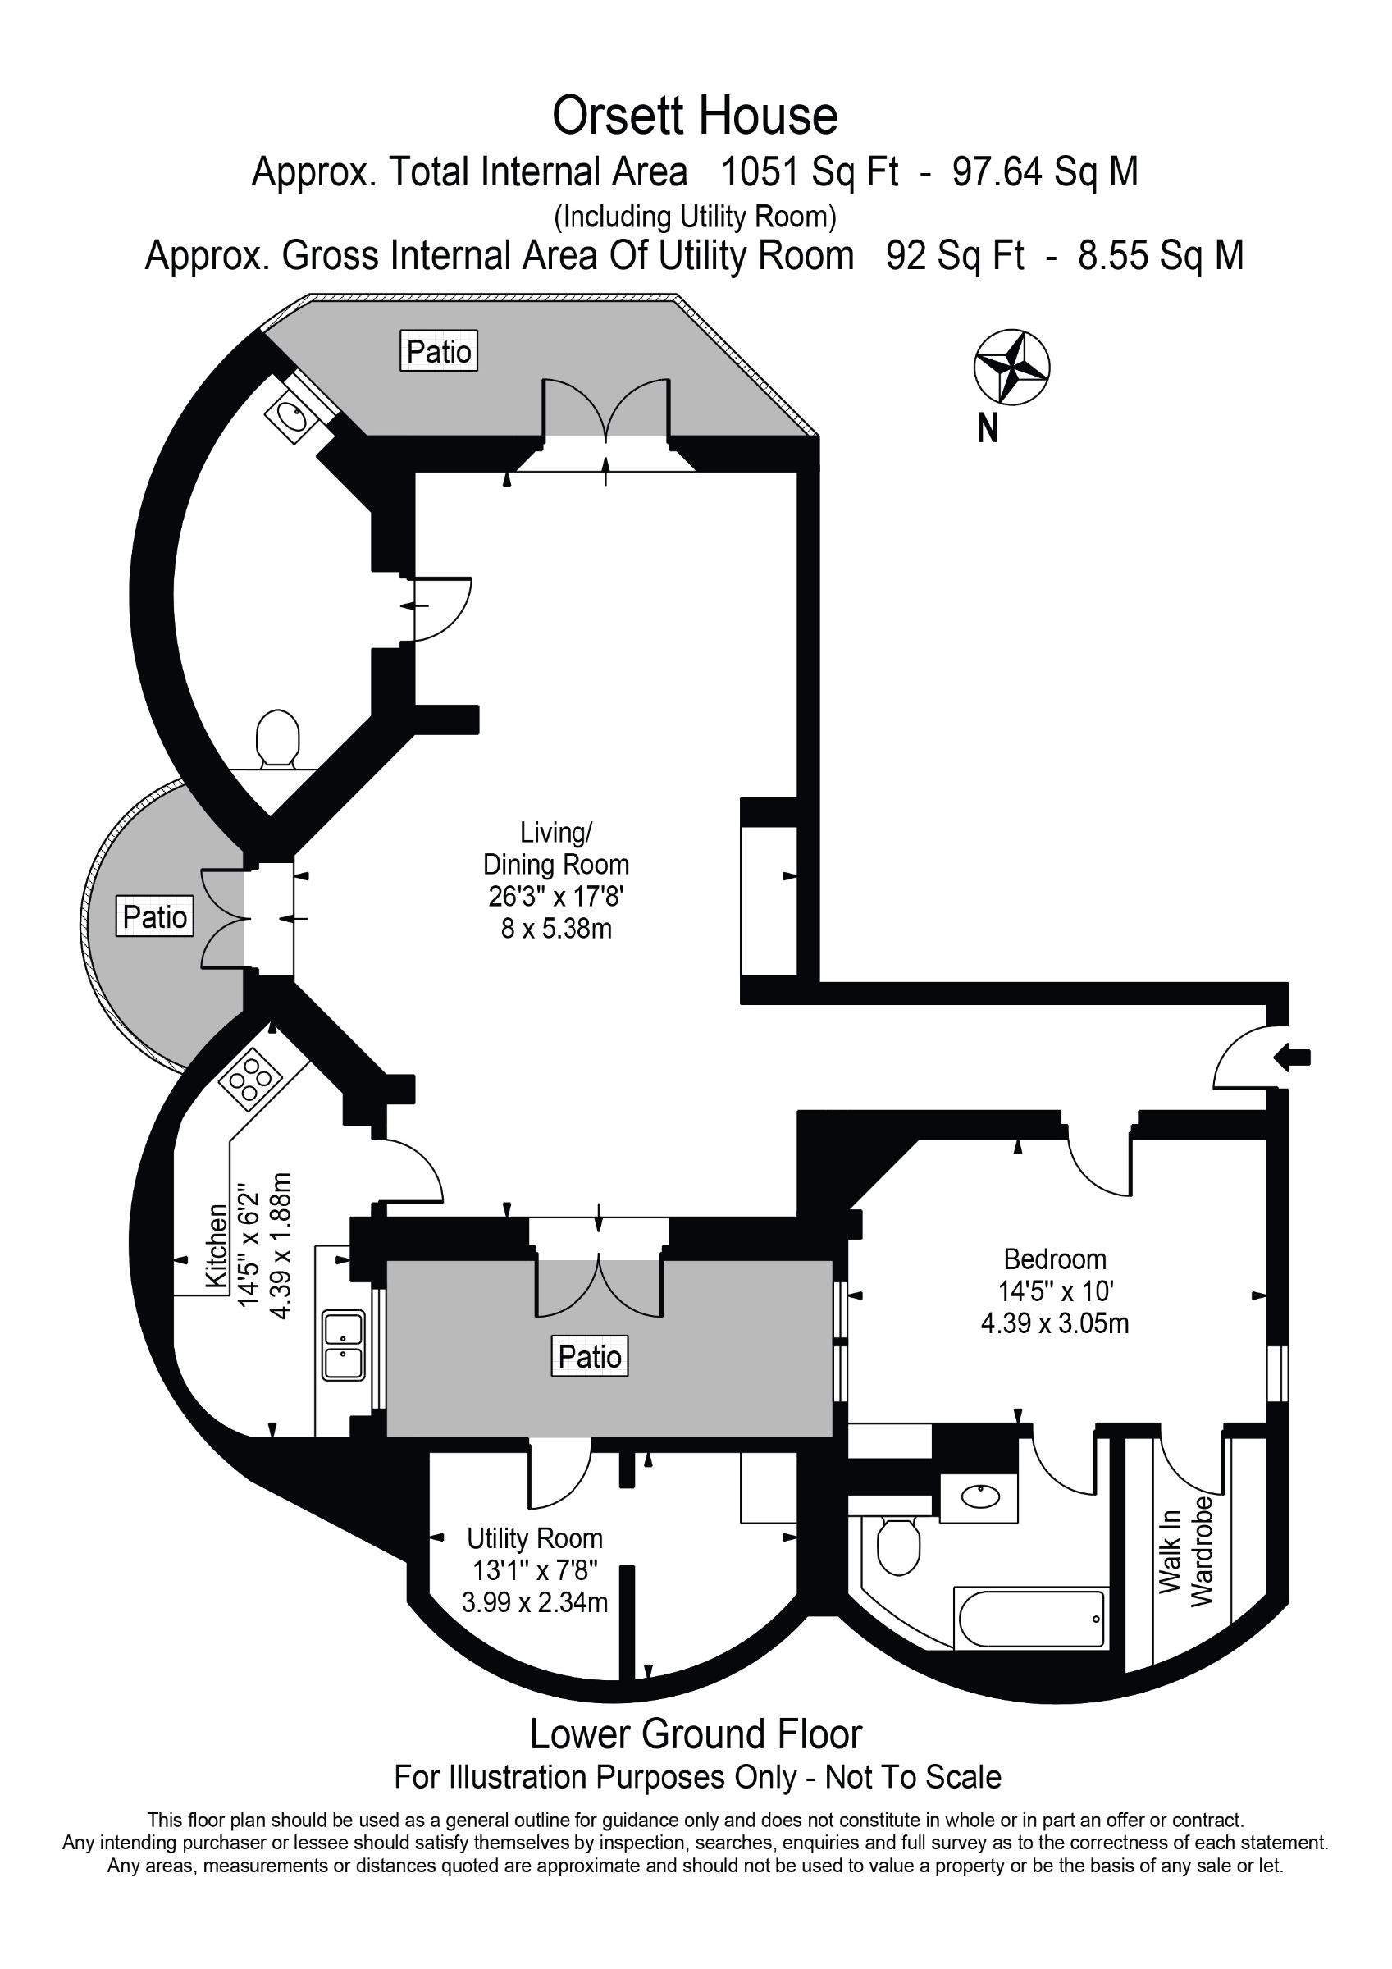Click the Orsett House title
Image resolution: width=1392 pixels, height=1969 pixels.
695,116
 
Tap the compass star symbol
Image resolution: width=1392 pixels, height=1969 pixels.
1012,367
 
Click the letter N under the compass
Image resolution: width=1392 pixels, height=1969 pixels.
988,428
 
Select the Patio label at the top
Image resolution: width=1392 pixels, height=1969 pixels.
438,351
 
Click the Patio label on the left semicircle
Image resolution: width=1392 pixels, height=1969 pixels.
154,916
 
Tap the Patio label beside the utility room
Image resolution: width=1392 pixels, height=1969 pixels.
589,1356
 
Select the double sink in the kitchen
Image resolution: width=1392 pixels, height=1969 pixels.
344,1345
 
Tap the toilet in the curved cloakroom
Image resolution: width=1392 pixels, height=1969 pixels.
278,738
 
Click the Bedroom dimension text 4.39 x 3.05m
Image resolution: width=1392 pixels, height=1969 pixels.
1055,1323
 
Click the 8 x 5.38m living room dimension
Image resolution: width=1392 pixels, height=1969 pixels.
557,928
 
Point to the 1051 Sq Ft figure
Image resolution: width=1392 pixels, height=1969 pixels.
810,171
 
